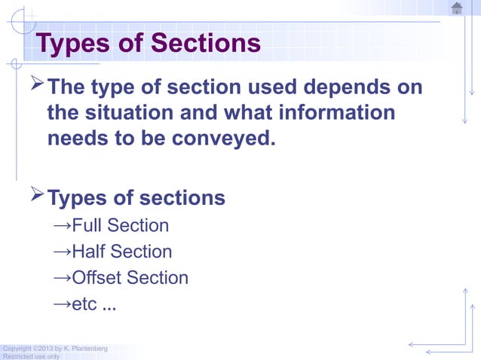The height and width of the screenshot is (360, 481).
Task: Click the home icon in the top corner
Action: (456, 8)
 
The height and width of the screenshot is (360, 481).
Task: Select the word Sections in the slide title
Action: (205, 44)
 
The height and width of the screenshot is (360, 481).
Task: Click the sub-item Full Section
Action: (120, 226)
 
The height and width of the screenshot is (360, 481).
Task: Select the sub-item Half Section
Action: (121, 252)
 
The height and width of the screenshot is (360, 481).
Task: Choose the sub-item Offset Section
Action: (130, 278)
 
